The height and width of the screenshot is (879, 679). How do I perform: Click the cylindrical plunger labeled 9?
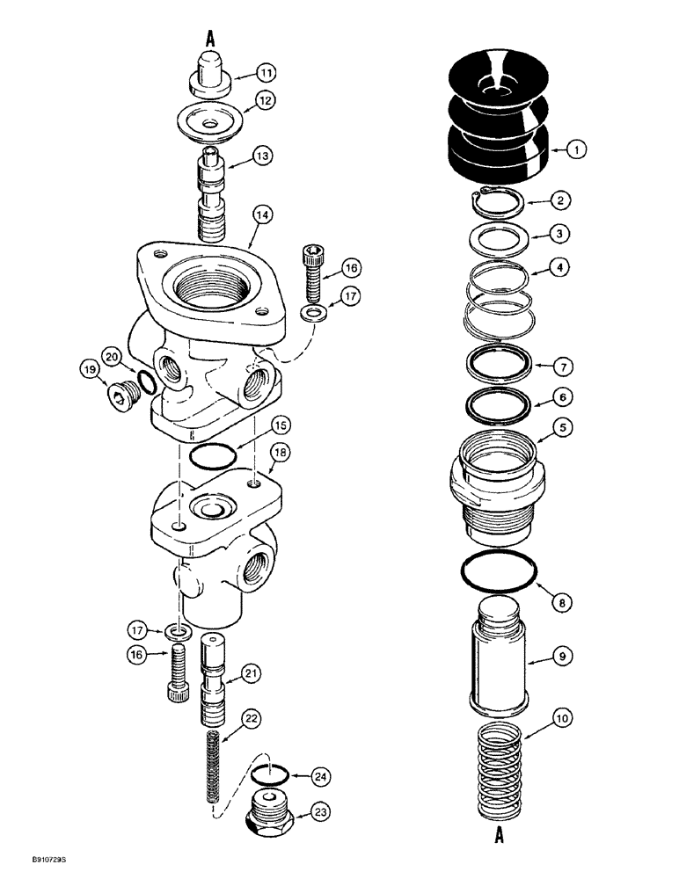coord(498,654)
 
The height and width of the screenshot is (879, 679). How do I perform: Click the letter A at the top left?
coord(211,38)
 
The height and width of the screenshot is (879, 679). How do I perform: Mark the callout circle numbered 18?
coord(279,452)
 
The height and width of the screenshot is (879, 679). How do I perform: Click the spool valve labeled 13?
coord(211,196)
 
